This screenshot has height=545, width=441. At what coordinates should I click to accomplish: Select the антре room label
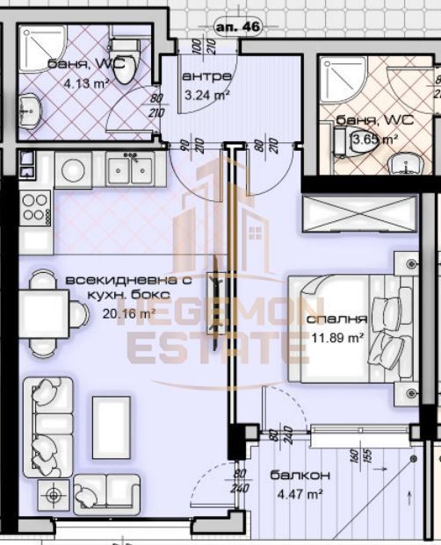206,76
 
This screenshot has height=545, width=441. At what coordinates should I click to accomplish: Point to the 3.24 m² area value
206,94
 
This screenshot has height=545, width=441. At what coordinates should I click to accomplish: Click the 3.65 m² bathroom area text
375,139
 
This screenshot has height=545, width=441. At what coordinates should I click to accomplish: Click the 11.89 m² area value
337,336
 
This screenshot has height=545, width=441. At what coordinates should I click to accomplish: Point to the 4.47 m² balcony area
305,493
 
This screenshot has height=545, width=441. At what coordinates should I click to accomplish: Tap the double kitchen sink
130,168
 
